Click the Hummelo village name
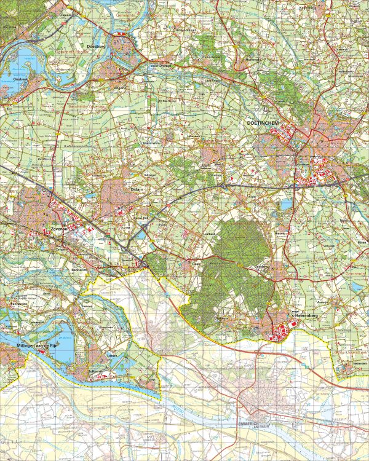pyautogui.click(x=237, y=58)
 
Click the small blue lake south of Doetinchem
pyautogui.click(x=286, y=203)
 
